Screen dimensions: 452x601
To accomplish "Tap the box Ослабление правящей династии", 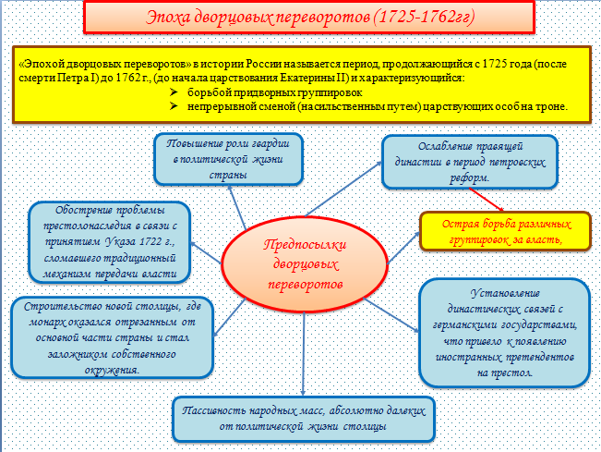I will (x=470, y=160).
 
